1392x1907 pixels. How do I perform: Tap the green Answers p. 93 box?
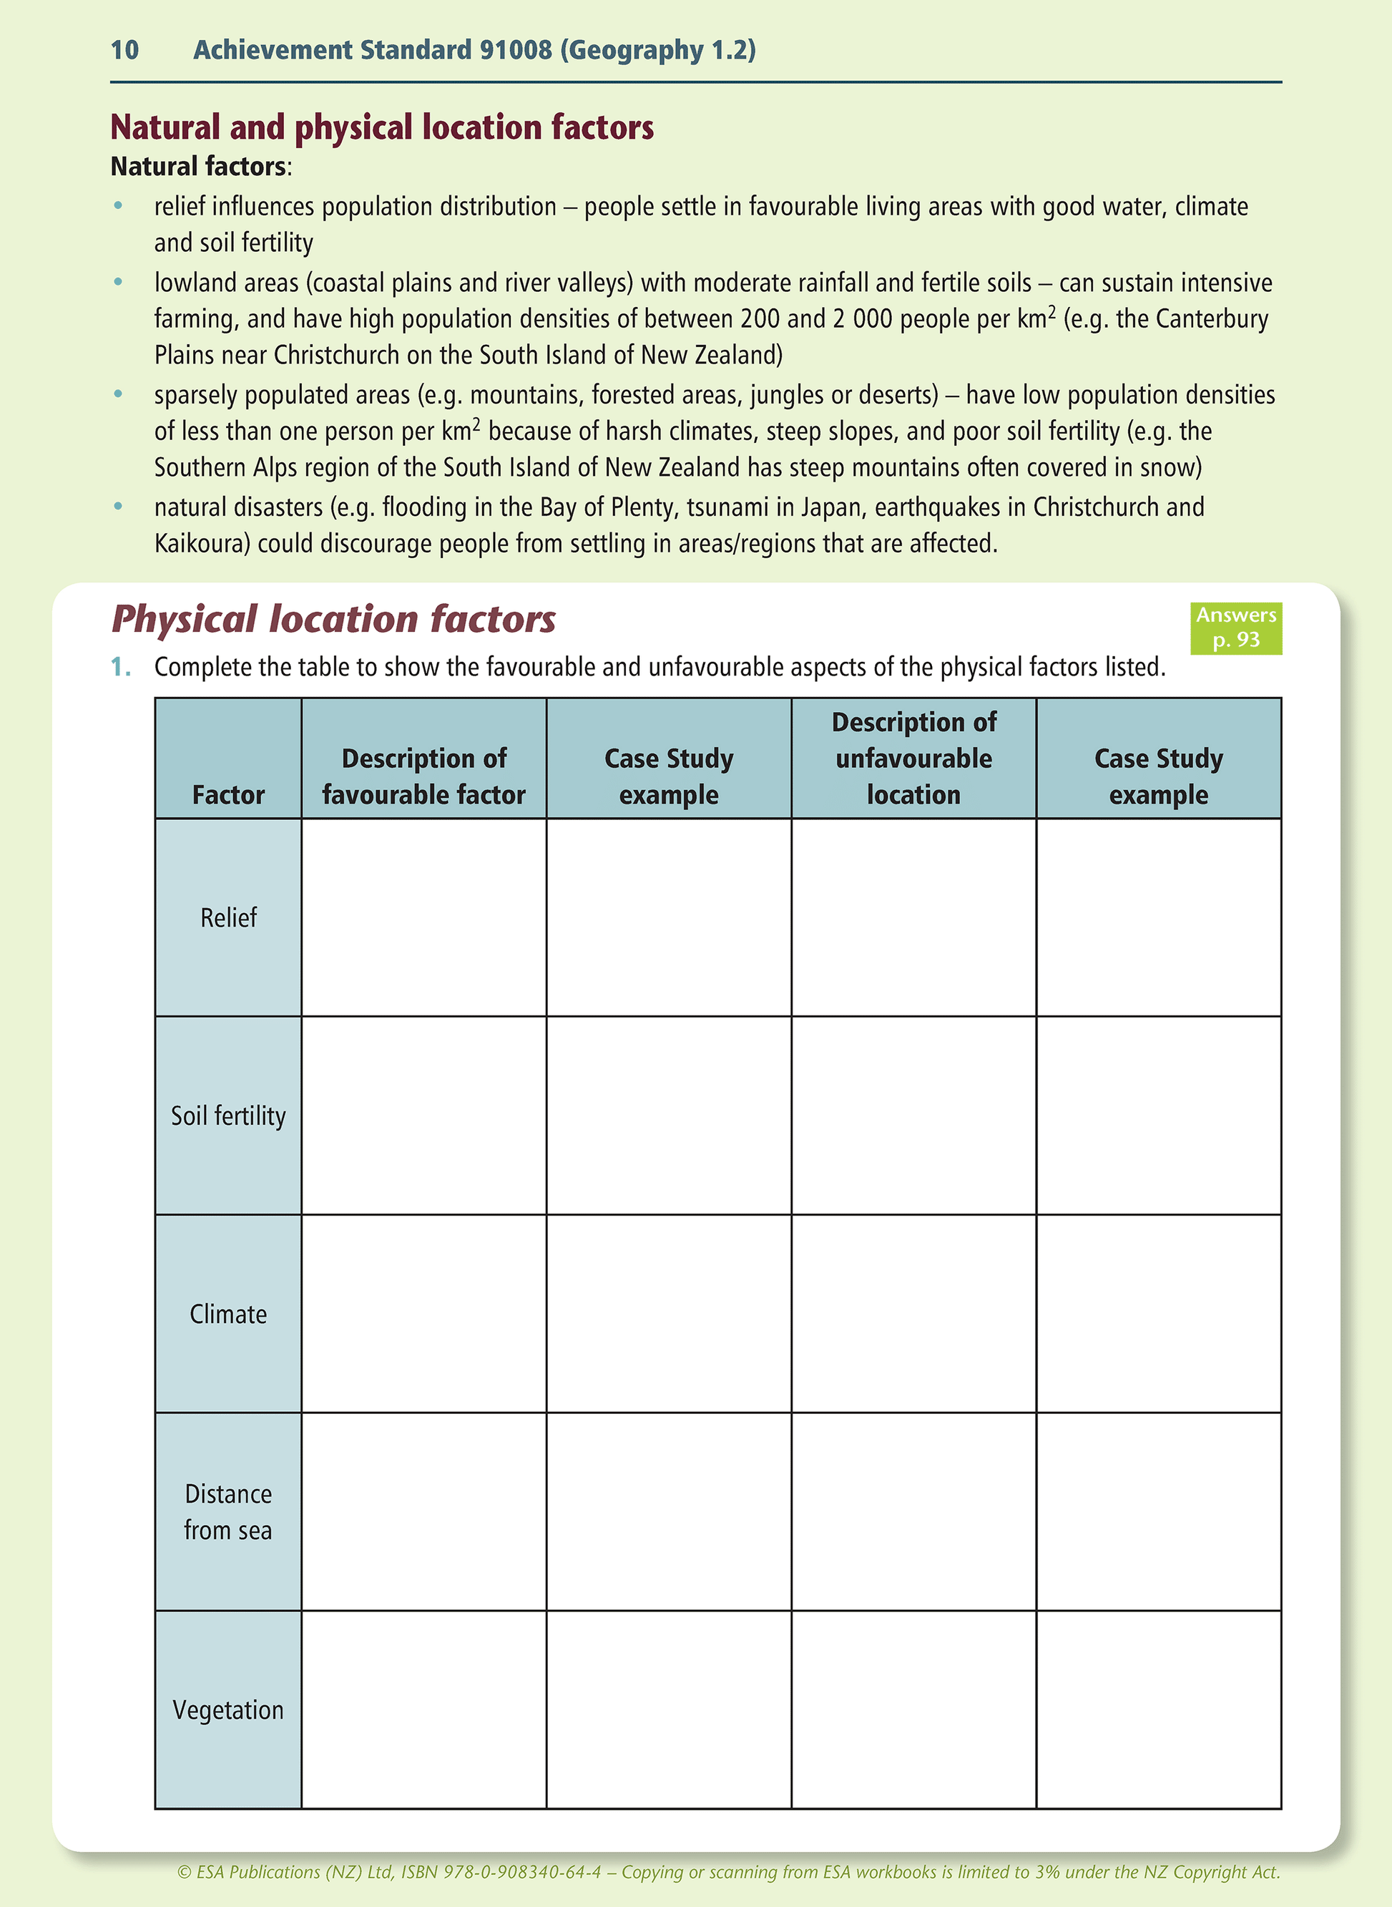click(x=1235, y=628)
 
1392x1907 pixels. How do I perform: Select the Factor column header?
click(x=228, y=795)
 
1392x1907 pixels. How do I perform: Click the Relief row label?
click(x=228, y=917)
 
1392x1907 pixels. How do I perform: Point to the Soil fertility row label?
click(x=228, y=1116)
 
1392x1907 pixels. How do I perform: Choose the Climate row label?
click(x=228, y=1314)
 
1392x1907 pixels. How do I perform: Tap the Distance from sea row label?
click(x=228, y=1512)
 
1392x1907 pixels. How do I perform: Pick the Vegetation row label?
click(x=228, y=1710)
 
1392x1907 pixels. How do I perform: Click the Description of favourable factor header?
click(x=424, y=776)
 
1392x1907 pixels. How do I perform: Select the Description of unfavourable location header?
click(x=913, y=759)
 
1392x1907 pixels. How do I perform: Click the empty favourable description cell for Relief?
click(x=424, y=917)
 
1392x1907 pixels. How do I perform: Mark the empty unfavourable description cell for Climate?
click(x=913, y=1314)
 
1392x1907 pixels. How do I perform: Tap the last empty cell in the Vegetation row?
click(x=1159, y=1710)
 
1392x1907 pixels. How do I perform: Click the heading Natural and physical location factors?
click(x=382, y=127)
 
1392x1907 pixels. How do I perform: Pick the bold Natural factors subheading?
click(x=199, y=166)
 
